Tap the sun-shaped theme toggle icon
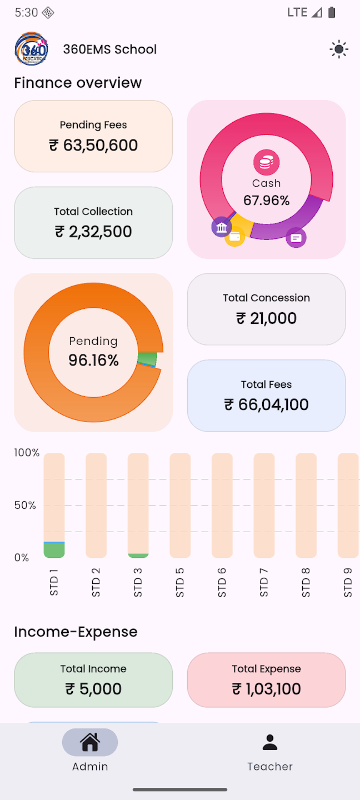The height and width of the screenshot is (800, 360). [x=338, y=49]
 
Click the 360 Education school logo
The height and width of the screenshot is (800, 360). [x=31, y=49]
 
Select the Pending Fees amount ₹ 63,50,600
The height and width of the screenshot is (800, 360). [x=93, y=146]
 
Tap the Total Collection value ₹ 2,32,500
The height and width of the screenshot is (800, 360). [x=93, y=232]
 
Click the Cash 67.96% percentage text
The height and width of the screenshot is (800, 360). [x=267, y=201]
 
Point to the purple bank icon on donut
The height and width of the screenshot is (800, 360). [x=222, y=227]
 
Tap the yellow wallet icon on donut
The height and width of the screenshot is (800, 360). [x=234, y=237]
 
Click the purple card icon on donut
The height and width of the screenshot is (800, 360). [x=296, y=238]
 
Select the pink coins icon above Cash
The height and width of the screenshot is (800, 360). [x=267, y=162]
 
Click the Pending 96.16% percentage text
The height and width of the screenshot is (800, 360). [x=93, y=361]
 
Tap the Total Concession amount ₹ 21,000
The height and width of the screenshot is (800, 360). [x=267, y=318]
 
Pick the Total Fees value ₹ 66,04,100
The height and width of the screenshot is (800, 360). [x=267, y=404]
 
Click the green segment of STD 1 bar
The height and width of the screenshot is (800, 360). [x=54, y=551]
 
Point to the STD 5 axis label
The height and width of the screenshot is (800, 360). [x=180, y=582]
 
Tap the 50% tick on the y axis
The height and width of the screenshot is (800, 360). [x=25, y=505]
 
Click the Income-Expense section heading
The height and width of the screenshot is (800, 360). [x=76, y=632]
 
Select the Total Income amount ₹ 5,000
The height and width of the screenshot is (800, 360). [x=93, y=689]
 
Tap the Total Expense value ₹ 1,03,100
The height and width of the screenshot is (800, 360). [x=267, y=689]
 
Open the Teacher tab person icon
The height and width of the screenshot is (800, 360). [x=270, y=742]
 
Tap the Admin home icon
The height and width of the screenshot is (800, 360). [x=90, y=742]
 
